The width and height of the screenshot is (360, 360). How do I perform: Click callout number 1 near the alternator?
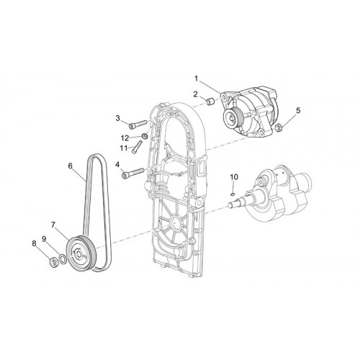pyautogui.click(x=196, y=78)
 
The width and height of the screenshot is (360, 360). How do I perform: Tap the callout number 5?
pyautogui.click(x=298, y=111)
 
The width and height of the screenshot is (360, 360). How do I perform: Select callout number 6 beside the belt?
pyautogui.click(x=70, y=166)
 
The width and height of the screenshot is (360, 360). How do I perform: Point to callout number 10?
pyautogui.click(x=234, y=177)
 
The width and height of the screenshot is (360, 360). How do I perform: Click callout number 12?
pyautogui.click(x=125, y=138)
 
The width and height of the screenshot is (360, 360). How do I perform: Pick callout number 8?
pyautogui.click(x=34, y=243)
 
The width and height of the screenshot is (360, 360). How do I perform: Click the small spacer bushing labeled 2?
pyautogui.click(x=211, y=102)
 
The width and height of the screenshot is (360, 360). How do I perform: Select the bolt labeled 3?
pyautogui.click(x=138, y=125)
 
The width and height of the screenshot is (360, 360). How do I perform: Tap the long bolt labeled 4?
pyautogui.click(x=133, y=174)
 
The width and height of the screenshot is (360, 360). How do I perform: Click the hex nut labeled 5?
pyautogui.click(x=278, y=127)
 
